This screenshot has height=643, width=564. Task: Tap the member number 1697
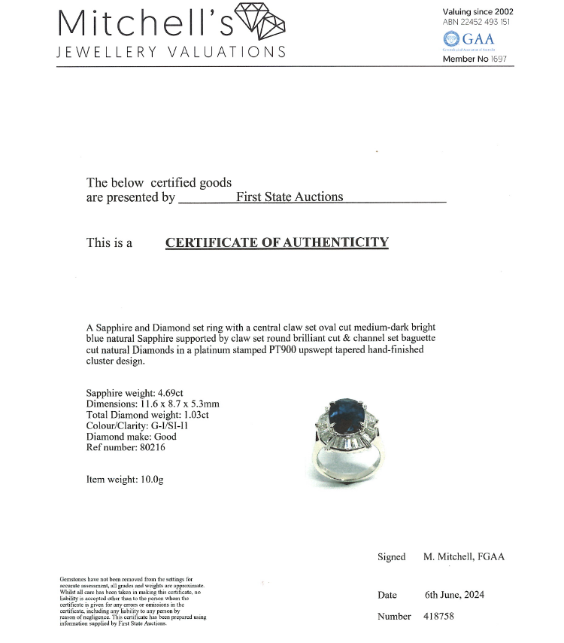pos(499,59)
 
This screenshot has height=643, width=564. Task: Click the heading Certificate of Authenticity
pos(277,242)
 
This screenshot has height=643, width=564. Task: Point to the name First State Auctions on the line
pos(290,197)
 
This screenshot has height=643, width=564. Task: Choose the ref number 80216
pos(150,447)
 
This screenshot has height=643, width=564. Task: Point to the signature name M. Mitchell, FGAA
pos(464,557)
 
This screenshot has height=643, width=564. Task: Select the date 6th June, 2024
pos(454,595)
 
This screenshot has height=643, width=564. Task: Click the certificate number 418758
pos(439,617)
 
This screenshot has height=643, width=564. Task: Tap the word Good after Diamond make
pos(165,437)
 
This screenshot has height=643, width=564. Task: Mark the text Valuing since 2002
pos(478,11)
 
